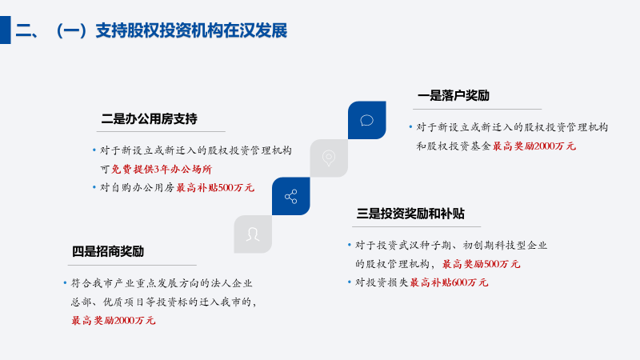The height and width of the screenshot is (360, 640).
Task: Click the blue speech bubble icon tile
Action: point(367,120)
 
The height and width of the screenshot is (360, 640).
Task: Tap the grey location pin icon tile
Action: point(329,158)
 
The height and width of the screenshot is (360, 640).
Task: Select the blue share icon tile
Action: point(291,196)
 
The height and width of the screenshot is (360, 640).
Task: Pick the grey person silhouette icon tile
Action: point(253,234)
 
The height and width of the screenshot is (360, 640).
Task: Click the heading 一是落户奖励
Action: point(454,95)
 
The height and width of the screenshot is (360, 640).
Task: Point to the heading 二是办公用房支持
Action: point(150,118)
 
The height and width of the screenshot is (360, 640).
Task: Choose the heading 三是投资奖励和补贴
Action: point(410,214)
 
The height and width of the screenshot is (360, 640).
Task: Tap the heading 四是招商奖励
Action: point(108,251)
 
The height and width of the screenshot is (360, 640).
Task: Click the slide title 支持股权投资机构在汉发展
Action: point(191,30)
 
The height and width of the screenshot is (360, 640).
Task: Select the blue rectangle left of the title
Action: point(6,30)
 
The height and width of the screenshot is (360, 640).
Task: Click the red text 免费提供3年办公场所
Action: point(162,169)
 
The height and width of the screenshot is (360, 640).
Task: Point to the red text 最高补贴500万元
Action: point(215,188)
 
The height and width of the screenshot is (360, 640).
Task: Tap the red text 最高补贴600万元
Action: point(449,282)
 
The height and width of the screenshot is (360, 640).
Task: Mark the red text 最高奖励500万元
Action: point(482,264)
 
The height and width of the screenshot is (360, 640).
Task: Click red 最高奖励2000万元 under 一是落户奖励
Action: point(534,146)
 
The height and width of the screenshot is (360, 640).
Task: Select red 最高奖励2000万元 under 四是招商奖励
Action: point(114,321)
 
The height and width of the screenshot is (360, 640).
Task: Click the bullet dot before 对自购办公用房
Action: point(94,187)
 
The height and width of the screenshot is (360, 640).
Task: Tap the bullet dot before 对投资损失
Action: point(350,282)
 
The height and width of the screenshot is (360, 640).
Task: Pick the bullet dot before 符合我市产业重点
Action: point(66,282)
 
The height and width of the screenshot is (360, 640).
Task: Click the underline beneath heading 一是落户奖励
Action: point(477,109)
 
